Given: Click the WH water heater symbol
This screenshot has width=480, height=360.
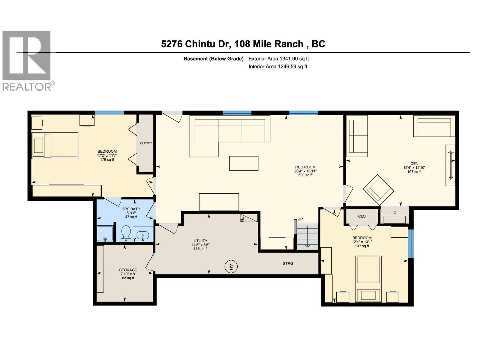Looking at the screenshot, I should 231,266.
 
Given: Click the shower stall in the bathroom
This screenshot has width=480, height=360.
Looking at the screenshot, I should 105,233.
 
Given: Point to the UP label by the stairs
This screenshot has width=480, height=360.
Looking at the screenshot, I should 300,219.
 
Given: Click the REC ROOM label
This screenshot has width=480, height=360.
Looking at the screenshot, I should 305,167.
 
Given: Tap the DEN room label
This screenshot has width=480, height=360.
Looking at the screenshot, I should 414,164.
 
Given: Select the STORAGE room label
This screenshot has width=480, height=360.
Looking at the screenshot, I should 128,270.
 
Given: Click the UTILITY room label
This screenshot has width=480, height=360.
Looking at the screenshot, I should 200,241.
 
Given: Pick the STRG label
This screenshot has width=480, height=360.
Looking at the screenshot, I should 288,263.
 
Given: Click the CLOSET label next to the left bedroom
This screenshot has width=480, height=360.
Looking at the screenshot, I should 146,143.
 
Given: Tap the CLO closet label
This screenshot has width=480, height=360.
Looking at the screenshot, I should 362,216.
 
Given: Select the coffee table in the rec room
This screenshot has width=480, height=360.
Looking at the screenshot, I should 244,163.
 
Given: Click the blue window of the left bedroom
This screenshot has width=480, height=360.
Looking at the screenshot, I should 109,113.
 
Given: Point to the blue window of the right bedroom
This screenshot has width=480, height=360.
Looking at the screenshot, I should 411,244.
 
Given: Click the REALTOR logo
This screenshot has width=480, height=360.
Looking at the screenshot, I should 27,60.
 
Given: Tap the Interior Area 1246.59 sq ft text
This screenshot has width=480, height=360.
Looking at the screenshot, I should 278,67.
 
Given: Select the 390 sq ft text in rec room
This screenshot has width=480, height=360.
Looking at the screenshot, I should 305,175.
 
